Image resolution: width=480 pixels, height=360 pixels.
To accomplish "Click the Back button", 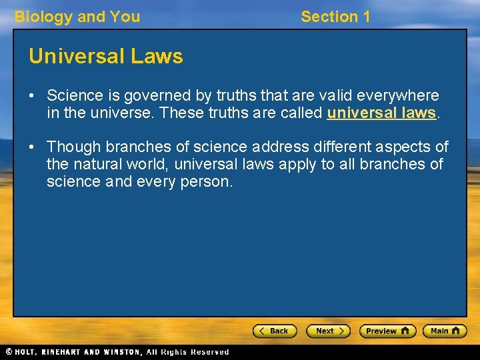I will point(274,331).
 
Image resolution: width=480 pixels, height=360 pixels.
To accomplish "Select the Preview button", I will point(387,331).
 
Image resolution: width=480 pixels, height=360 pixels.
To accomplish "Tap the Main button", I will point(445,331).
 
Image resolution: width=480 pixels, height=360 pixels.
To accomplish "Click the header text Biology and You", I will point(77,17).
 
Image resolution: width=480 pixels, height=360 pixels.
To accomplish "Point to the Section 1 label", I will point(335,17).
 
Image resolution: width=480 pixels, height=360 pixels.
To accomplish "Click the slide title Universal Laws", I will point(105,57).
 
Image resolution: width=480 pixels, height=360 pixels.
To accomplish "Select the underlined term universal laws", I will point(381,113).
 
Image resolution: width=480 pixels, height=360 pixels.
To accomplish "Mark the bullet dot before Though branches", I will point(32,147).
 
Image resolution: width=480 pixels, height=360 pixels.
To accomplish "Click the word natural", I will point(99,164).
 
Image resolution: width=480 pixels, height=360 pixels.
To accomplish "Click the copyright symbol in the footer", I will point(9,352).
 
